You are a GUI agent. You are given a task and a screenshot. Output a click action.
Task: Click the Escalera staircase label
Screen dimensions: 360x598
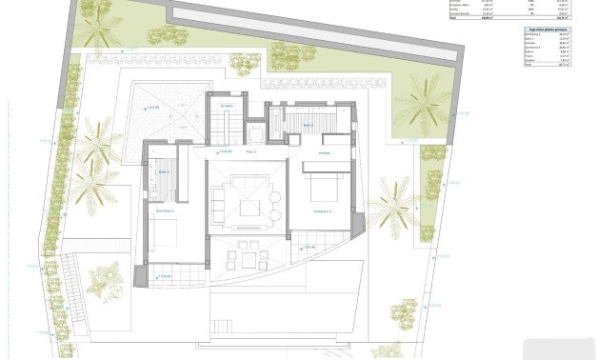click(226, 105)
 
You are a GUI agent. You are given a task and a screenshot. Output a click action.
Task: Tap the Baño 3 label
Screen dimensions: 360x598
click(308, 125)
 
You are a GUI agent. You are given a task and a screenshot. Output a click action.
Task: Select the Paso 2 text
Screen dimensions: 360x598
click(252, 151)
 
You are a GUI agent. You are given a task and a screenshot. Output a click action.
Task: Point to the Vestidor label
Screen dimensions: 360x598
click(324, 152)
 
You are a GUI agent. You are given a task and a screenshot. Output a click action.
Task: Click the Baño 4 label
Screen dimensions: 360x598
click(163, 171)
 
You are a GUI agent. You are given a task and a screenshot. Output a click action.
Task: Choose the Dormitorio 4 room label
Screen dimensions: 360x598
click(164, 211)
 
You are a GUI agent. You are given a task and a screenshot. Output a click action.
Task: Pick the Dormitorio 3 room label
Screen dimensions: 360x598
click(322, 210)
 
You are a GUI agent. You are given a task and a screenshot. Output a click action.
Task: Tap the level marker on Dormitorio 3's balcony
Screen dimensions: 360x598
click(307, 247)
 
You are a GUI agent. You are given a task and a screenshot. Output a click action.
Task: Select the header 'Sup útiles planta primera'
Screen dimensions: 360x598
click(548, 30)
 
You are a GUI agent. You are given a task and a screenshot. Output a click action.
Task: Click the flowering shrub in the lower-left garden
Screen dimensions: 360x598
click(104, 281)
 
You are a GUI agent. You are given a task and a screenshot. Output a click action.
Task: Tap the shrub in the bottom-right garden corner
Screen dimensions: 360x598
click(404, 310)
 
